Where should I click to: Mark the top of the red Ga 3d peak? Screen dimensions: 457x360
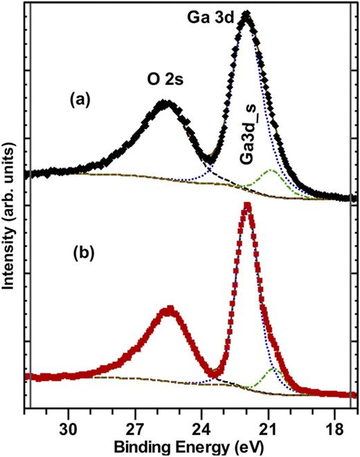(246, 206)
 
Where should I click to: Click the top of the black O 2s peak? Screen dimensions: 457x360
(164, 104)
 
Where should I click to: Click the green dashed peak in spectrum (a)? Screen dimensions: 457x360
(271, 170)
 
